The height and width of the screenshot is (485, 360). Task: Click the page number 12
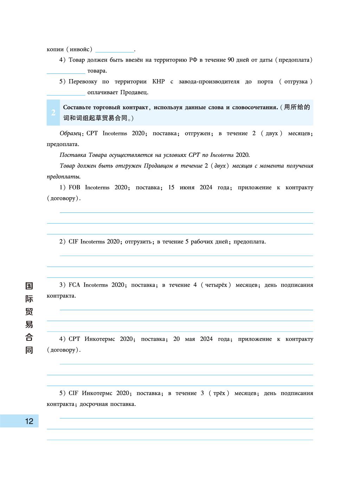click(x=29, y=421)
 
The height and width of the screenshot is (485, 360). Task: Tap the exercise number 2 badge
click(x=53, y=113)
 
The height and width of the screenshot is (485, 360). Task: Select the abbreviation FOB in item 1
click(x=75, y=187)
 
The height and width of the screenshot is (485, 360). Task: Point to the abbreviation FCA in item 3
click(x=75, y=285)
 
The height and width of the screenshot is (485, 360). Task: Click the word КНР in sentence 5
click(x=158, y=82)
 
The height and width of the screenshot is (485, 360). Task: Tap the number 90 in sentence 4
click(x=231, y=60)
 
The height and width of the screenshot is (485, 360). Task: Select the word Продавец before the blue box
click(x=134, y=92)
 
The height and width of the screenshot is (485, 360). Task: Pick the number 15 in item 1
click(x=171, y=187)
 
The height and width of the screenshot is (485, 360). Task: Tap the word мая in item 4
click(x=190, y=339)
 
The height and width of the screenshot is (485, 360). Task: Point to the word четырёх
click(x=216, y=285)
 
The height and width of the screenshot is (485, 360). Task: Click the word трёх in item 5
click(x=219, y=393)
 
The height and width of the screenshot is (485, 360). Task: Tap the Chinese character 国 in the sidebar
click(x=29, y=286)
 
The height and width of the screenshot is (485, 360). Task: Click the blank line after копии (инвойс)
click(x=115, y=50)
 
